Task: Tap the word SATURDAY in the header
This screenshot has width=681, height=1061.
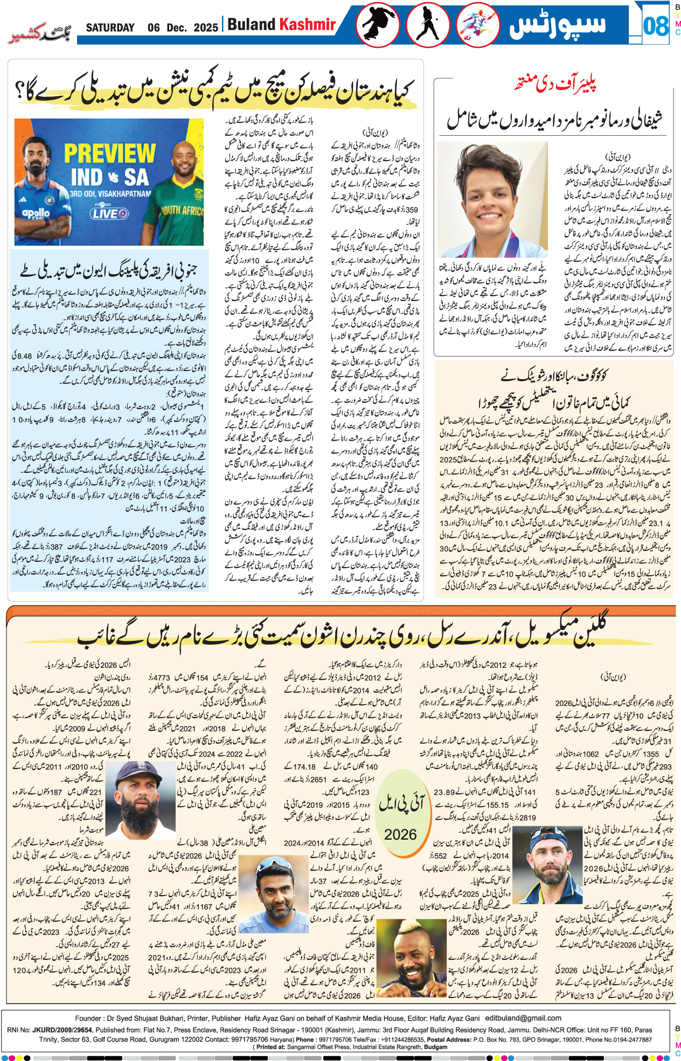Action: pos(110,27)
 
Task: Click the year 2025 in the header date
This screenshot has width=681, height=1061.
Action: pos(205,27)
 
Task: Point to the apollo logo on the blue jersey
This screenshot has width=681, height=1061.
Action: pos(36,213)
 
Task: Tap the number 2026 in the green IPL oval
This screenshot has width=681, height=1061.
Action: pos(400,835)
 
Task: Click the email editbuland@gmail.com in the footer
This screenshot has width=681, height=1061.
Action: pos(523,1018)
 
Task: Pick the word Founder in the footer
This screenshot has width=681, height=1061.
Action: pos(88,1018)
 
